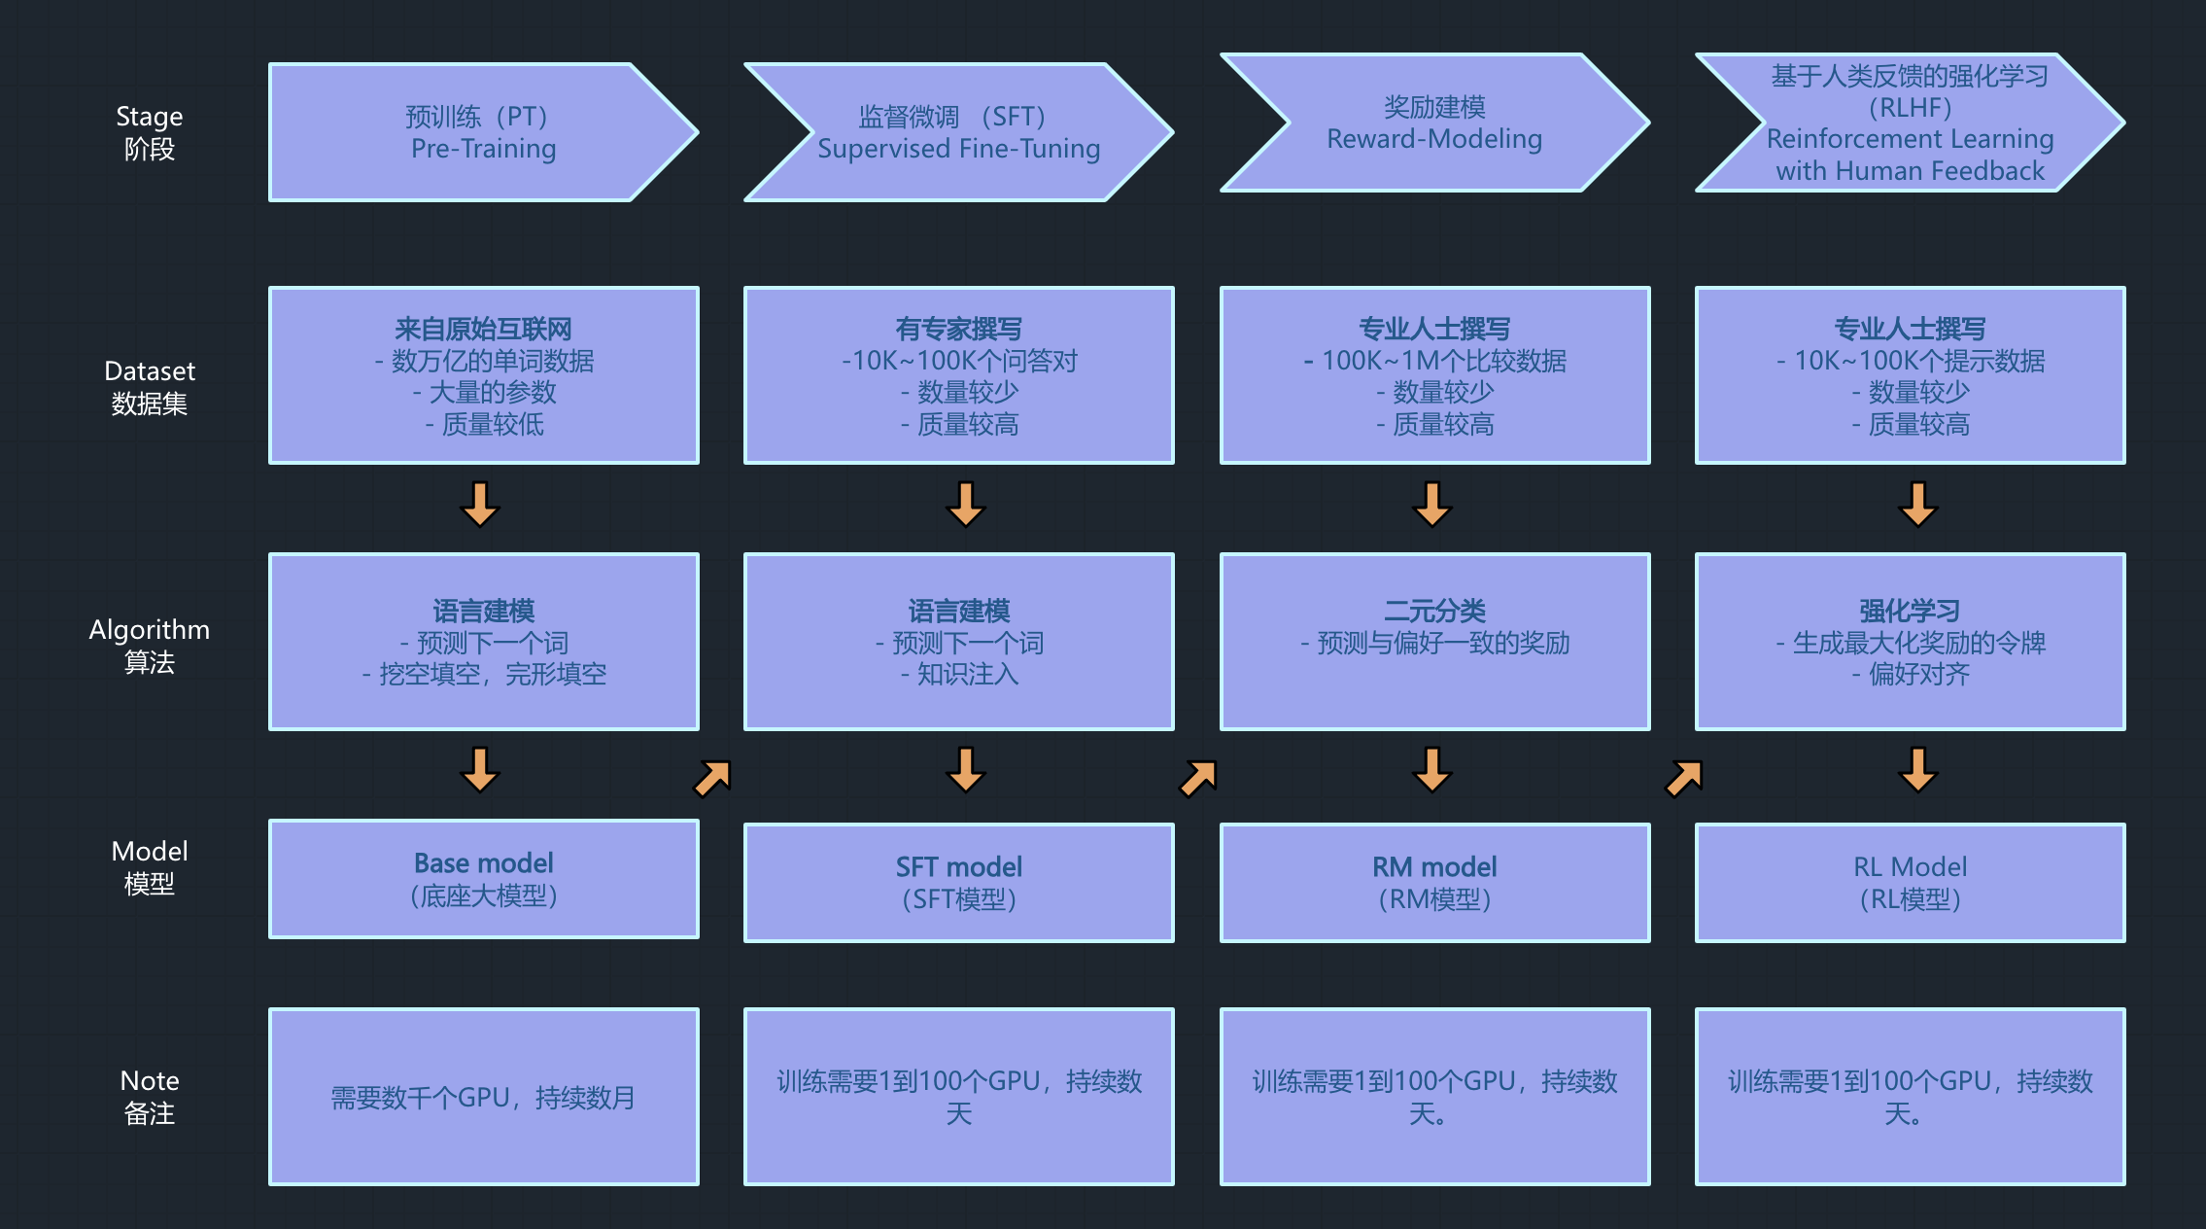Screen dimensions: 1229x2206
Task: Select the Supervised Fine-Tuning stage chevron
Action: click(958, 132)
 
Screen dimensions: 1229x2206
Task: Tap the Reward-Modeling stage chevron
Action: click(1434, 123)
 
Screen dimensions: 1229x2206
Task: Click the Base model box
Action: click(483, 879)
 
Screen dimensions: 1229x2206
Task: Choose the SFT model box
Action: click(958, 883)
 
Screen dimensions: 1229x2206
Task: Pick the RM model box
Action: click(1434, 883)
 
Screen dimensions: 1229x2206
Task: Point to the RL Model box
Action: click(1910, 883)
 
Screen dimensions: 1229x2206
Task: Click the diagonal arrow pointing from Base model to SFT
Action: click(712, 778)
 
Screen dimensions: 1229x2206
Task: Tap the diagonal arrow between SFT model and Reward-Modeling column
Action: click(1198, 778)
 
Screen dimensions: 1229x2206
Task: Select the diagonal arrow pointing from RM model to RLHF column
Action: click(1684, 778)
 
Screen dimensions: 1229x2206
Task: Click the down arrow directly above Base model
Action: click(480, 769)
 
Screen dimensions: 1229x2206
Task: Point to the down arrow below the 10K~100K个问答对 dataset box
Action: click(966, 504)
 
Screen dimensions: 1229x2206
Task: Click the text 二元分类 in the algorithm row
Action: click(1434, 611)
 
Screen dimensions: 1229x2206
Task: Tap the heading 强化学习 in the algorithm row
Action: click(1910, 611)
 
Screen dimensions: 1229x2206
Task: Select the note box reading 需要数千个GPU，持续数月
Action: click(483, 1097)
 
